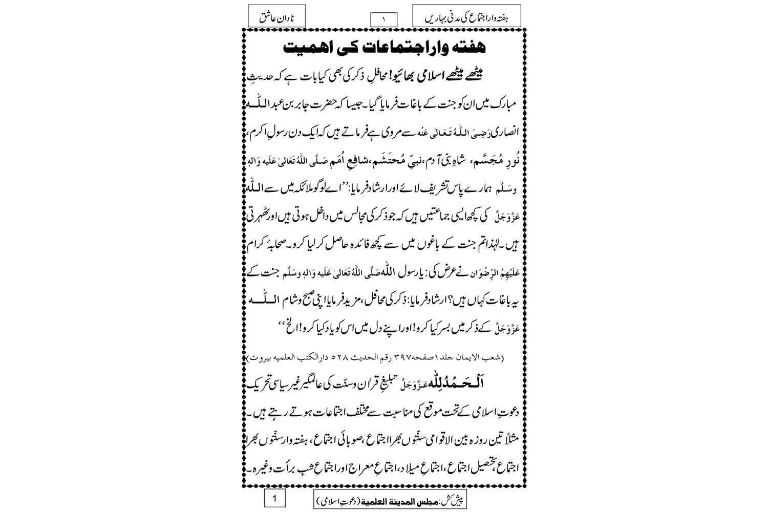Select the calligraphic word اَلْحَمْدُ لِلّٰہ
point(481,388)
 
